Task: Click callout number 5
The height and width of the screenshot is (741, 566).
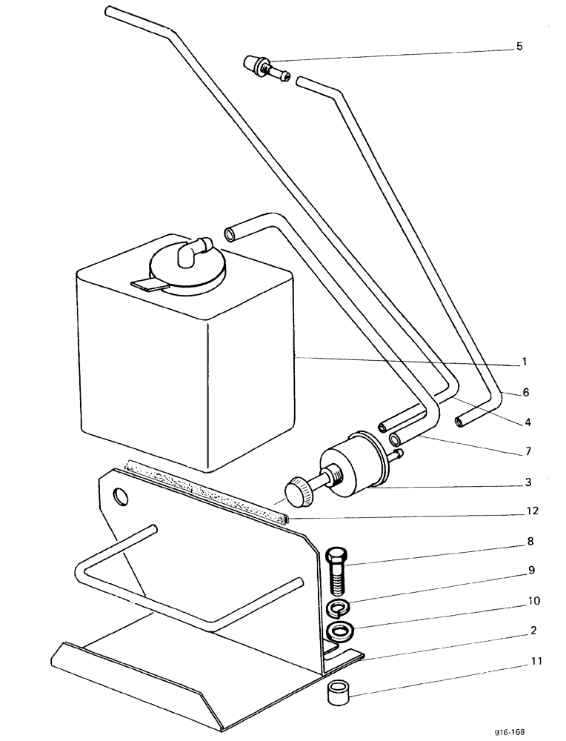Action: (x=519, y=46)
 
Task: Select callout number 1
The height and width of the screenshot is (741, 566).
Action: (x=523, y=362)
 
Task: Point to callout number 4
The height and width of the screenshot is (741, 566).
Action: (x=527, y=422)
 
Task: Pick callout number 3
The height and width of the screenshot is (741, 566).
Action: (x=527, y=482)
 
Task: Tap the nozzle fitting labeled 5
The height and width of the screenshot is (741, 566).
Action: (x=265, y=70)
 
